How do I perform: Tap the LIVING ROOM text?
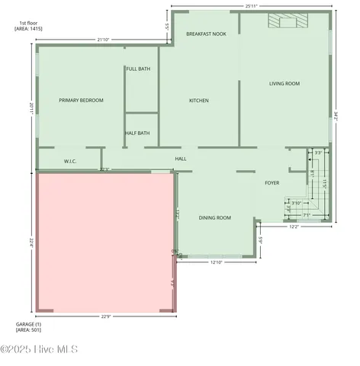(284, 83)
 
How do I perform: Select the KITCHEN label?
(199, 101)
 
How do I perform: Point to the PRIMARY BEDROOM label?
(81, 101)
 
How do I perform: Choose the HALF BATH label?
(137, 133)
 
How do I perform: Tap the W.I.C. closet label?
(69, 161)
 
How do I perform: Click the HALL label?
(181, 159)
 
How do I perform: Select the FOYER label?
(272, 183)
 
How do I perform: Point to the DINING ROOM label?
(214, 218)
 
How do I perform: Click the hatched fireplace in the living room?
(287, 22)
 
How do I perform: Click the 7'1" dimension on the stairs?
(306, 215)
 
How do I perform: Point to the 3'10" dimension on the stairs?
(296, 203)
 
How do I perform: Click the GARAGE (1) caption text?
(29, 324)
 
